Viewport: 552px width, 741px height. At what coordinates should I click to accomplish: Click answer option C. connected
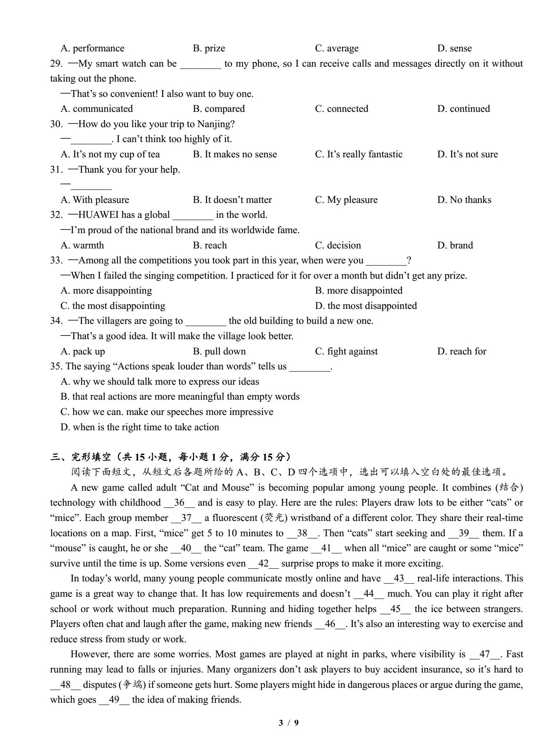341,109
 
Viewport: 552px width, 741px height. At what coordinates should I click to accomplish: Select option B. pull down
219,351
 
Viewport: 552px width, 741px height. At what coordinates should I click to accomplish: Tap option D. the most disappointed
366,306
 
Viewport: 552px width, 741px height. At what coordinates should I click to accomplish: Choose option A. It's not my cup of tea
110,154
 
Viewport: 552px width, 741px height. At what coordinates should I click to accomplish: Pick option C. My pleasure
346,200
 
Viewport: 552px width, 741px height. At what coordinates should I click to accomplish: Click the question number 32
56,215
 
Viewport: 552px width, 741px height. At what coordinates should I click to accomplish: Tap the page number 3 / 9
288,723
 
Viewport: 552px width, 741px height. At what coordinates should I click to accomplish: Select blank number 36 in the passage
179,503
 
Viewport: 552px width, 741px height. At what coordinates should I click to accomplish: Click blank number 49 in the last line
114,700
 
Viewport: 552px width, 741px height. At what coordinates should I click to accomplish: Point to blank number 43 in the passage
399,579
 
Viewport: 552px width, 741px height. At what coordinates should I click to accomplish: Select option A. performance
92,48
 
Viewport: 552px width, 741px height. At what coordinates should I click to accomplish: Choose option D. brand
455,245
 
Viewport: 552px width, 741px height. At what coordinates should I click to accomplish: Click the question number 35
56,366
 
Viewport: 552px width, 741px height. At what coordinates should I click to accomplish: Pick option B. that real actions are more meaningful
180,396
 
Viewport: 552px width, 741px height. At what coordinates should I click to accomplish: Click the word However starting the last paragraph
90,654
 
